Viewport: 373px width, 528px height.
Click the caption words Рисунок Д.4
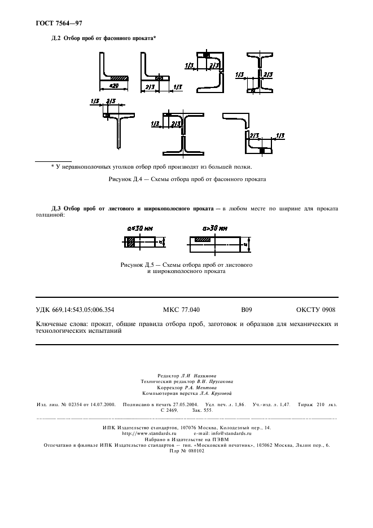click(x=122, y=179)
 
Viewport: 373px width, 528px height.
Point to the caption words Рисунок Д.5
click(x=104, y=265)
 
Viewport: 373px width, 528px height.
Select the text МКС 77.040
click(x=177, y=310)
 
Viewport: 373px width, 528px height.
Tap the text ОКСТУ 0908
click(x=315, y=310)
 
